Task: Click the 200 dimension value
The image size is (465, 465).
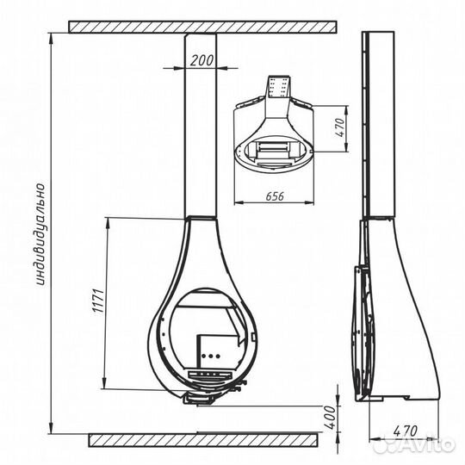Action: [x=201, y=60]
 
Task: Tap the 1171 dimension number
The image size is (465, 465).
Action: [x=99, y=300]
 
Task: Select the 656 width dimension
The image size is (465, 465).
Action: [x=275, y=196]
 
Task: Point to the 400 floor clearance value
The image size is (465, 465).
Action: [x=331, y=418]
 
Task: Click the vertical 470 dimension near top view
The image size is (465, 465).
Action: [x=340, y=127]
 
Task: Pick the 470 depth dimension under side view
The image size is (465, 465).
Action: [x=406, y=431]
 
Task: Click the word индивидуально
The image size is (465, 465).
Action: [x=40, y=234]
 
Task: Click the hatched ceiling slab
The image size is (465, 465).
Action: [x=202, y=27]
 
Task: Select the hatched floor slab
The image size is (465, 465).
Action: [x=203, y=440]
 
